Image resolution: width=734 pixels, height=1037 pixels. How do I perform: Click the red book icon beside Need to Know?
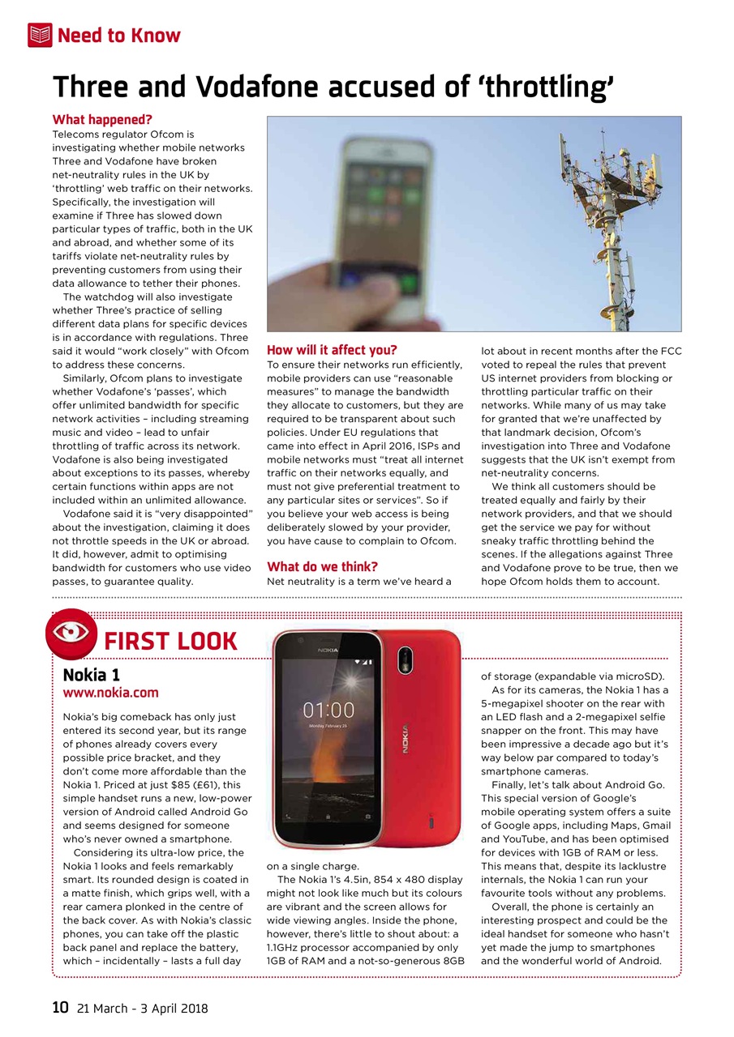tap(40, 35)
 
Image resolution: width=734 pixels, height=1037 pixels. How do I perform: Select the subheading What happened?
tap(102, 120)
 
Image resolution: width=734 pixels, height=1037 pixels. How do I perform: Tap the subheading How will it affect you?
tap(332, 350)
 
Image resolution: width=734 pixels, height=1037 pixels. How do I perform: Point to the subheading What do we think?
tap(322, 566)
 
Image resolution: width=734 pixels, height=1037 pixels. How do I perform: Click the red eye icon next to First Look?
tap(72, 634)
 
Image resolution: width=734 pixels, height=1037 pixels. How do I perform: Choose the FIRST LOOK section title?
tap(170, 642)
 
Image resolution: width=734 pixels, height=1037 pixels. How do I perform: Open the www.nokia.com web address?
tap(110, 693)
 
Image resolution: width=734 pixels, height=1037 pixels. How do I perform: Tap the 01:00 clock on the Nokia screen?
tap(328, 711)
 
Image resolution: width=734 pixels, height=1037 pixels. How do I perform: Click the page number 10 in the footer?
tap(60, 1008)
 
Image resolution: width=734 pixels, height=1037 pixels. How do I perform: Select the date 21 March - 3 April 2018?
tap(142, 1009)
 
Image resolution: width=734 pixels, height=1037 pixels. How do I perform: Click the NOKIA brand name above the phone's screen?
tap(328, 650)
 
